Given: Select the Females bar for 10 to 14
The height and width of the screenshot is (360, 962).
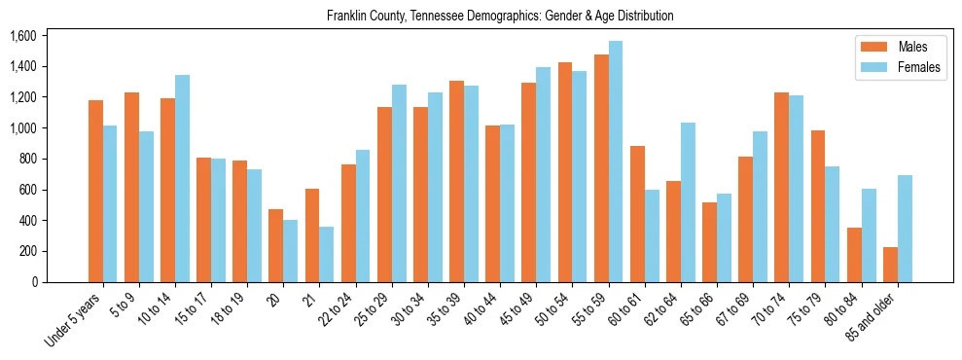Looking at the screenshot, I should click(x=182, y=178).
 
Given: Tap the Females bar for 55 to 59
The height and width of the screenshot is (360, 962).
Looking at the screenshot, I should click(x=616, y=162).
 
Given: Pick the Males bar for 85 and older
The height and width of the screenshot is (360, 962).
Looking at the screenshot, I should click(x=890, y=265).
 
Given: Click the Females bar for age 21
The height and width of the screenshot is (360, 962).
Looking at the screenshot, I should click(x=327, y=254).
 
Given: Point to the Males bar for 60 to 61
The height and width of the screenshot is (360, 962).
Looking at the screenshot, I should click(x=637, y=214).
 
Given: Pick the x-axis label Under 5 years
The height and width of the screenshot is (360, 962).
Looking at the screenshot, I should click(x=74, y=322).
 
